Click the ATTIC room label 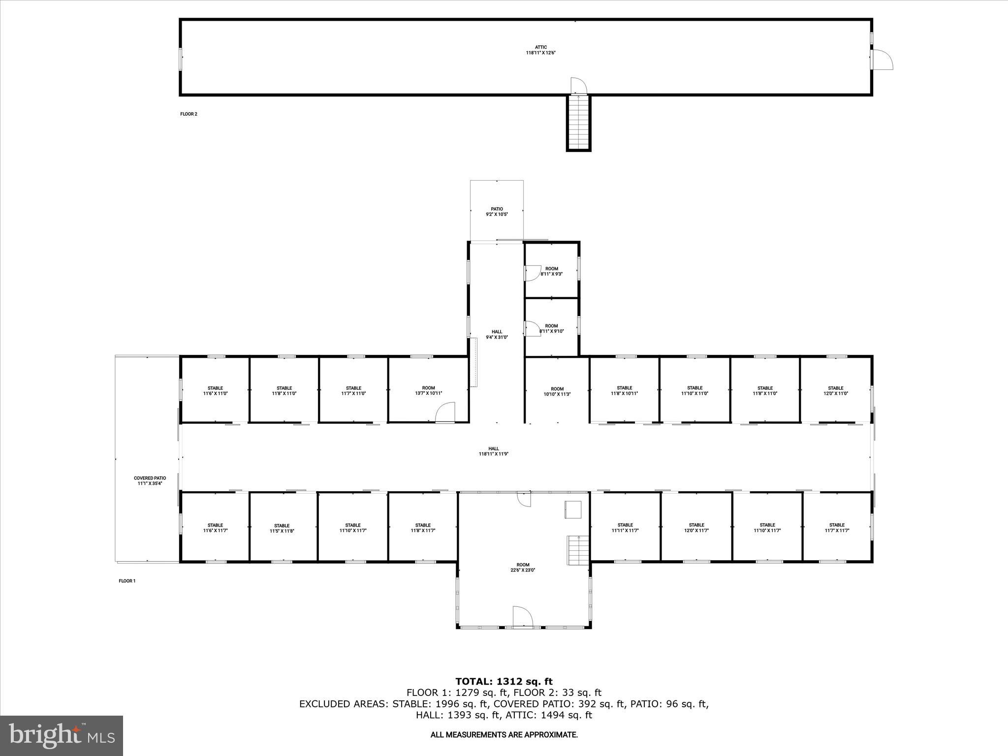pos(540,50)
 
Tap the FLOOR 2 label pos(189,114)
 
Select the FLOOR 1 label pos(127,581)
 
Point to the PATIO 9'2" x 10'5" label pos(497,212)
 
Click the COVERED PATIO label pos(150,480)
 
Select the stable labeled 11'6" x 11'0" pos(215,391)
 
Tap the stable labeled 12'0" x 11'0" pos(835,391)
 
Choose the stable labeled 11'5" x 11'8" pos(282,528)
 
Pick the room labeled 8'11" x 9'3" pos(551,271)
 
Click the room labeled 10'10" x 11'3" pos(557,391)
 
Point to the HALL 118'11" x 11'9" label pos(494,451)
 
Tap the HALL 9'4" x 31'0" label pos(497,335)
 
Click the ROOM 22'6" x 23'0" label pos(523,567)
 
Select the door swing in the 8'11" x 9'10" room pos(532,328)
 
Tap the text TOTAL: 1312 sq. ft pos(504,682)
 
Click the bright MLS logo pos(62,735)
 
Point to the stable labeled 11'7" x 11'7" pos(836,528)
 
